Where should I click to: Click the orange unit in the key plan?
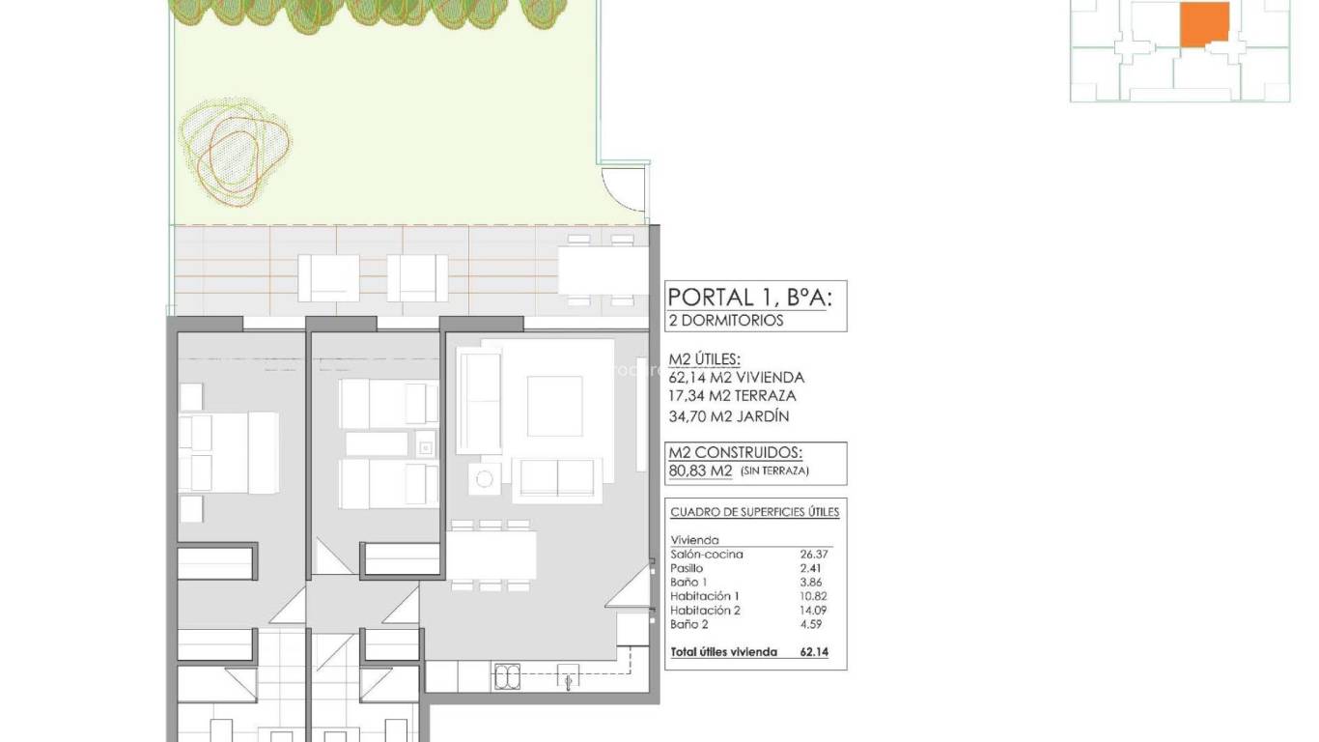click(x=1205, y=23)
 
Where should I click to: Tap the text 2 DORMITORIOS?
click(x=726, y=321)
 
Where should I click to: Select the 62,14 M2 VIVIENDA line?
click(x=736, y=378)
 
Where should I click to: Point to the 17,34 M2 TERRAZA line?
click(x=732, y=396)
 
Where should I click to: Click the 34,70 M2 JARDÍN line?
click(x=729, y=416)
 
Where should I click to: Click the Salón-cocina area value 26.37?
click(x=814, y=555)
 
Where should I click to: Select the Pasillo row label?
click(x=687, y=569)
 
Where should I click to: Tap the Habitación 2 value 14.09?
click(x=814, y=611)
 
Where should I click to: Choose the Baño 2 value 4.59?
click(x=814, y=625)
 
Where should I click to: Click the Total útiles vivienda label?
click(x=723, y=652)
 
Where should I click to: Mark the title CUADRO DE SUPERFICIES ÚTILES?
click(x=754, y=512)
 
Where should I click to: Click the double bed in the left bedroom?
click(x=230, y=452)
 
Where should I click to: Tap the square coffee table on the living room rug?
click(x=554, y=406)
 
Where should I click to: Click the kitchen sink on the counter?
click(x=507, y=677)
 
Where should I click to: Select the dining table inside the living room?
click(x=491, y=555)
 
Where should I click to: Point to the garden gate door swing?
click(x=623, y=188)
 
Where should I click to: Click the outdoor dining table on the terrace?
click(x=603, y=271)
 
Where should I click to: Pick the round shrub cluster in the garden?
click(x=234, y=150)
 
